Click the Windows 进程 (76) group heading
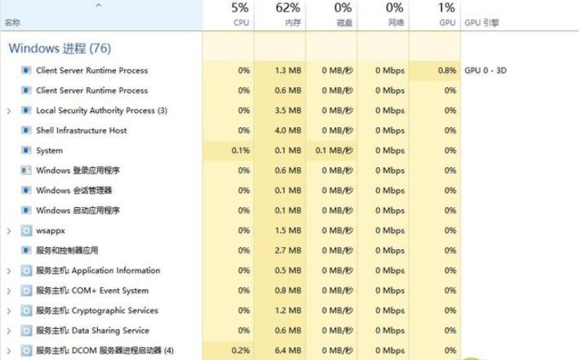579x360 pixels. [x=60, y=48]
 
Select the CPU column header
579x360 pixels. [x=241, y=15]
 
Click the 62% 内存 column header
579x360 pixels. [x=288, y=15]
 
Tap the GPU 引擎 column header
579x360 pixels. [x=482, y=23]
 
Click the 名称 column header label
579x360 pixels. [x=12, y=23]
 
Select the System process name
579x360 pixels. [x=50, y=151]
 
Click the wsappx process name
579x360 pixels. [x=51, y=231]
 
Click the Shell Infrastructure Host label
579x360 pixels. [x=81, y=131]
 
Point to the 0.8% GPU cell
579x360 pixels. [x=448, y=70]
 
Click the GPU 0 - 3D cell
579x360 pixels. [x=485, y=70]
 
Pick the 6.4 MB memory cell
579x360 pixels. [x=288, y=350]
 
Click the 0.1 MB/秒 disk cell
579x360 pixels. [x=334, y=150]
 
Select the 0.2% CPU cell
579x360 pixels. [x=241, y=350]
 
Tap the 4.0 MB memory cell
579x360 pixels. [x=288, y=131]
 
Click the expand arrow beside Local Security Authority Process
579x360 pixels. [x=9, y=111]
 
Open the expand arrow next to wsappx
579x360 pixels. [x=9, y=231]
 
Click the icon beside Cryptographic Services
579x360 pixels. [x=26, y=310]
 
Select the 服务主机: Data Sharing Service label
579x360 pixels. [x=92, y=331]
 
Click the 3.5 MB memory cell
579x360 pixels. [x=288, y=110]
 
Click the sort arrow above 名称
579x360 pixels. [x=98, y=5]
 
